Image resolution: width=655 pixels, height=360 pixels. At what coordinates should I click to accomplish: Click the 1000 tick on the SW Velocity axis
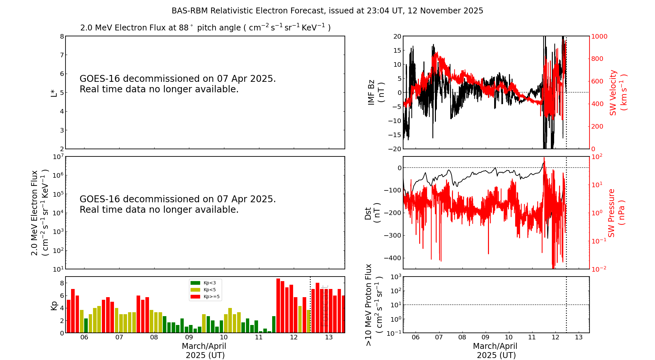pyautogui.click(x=599, y=36)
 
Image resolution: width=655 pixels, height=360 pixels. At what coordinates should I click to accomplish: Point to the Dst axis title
pyautogui.click(x=372, y=213)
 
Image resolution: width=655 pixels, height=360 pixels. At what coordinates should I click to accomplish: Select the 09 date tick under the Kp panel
pyautogui.click(x=189, y=337)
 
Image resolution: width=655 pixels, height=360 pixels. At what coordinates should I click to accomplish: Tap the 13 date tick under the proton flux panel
pyautogui.click(x=579, y=337)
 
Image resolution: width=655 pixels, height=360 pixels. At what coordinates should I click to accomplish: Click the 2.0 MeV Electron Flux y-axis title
pyautogui.click(x=40, y=213)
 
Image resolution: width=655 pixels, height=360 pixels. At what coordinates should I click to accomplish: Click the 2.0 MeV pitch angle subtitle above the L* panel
pyautogui.click(x=205, y=27)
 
